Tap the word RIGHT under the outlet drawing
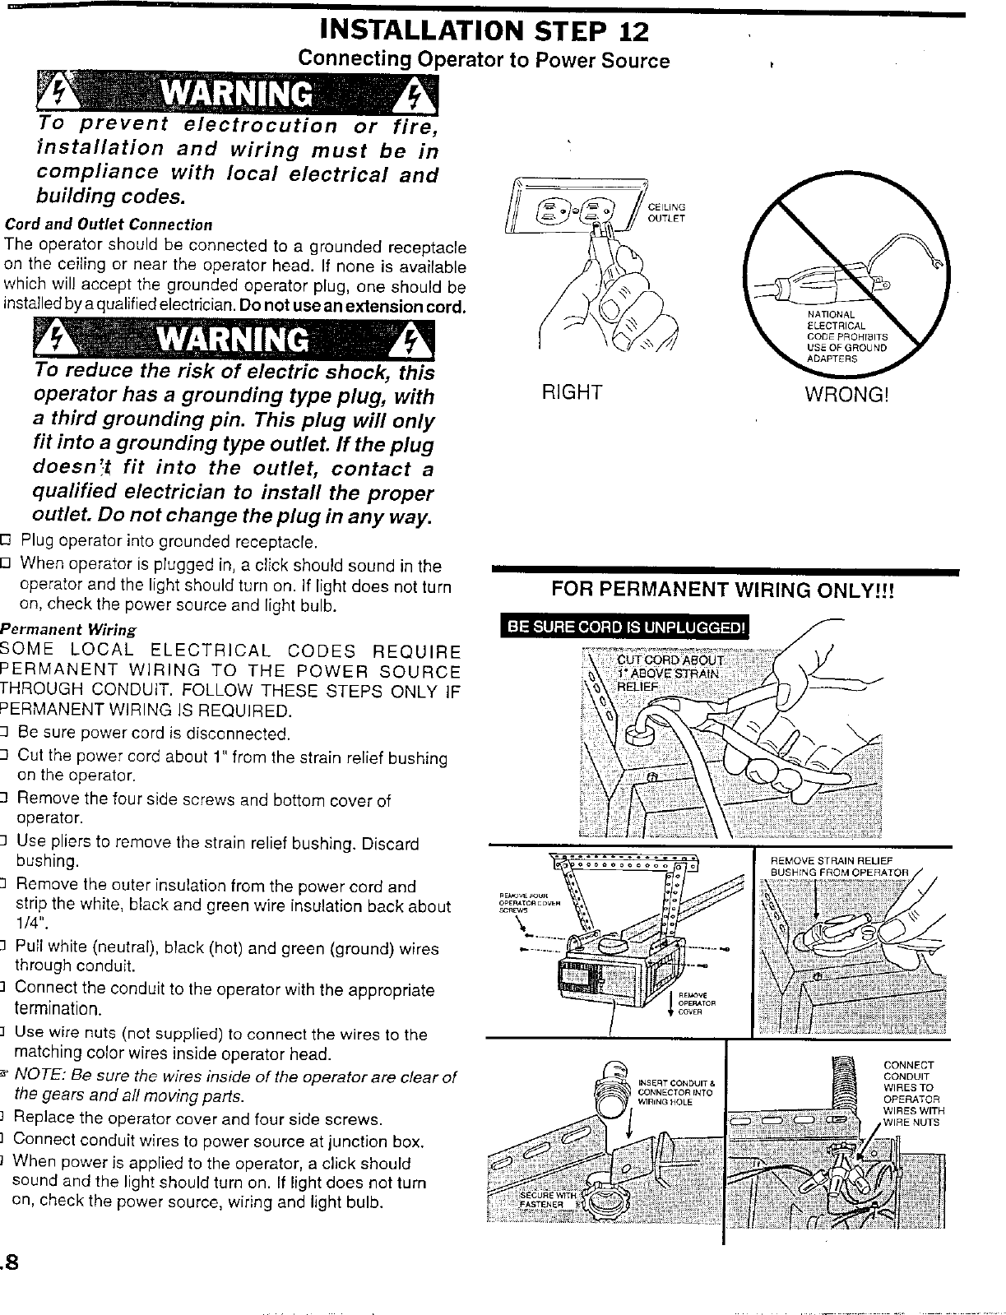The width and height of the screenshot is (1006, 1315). coord(573,392)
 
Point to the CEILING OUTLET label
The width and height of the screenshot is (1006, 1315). coord(666,212)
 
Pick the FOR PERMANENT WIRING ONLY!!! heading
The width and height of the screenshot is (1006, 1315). coord(721,590)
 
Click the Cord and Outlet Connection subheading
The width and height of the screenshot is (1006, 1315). coord(109,225)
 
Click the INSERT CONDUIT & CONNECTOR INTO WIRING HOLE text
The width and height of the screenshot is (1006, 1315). coord(675,1091)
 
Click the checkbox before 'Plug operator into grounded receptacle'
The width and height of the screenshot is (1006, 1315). coord(6,541)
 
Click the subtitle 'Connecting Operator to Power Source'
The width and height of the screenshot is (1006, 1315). coord(483,60)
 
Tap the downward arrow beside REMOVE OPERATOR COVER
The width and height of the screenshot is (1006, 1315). coord(673,1004)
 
